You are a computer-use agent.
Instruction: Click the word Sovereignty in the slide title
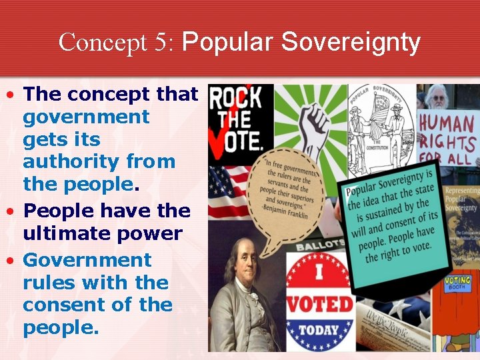[351, 43]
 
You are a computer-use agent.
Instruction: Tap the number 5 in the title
[163, 43]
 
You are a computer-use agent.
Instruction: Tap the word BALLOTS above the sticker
[314, 243]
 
